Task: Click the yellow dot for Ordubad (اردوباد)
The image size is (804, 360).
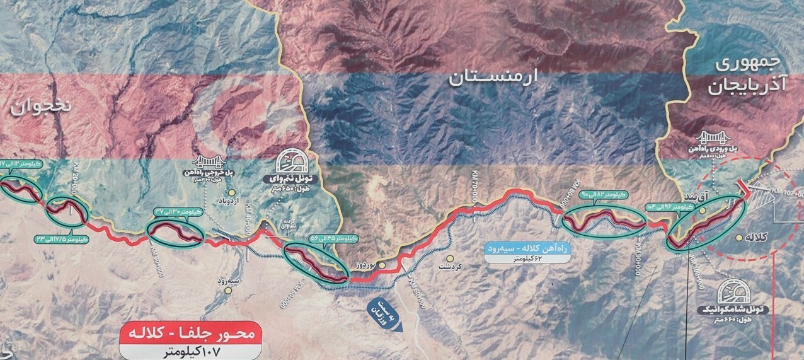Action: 232,192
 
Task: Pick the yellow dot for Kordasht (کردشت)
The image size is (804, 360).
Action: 450,258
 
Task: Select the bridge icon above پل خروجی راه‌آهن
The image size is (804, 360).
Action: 209,162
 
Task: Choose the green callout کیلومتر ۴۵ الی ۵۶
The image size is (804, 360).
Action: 334,239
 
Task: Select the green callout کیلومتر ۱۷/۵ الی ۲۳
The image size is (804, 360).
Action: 63,240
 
